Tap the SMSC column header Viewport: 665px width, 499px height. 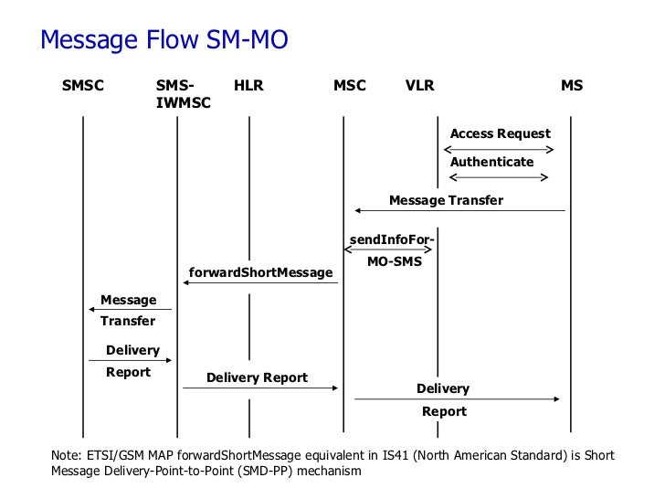click(x=83, y=87)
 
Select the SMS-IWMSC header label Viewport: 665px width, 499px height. click(x=183, y=95)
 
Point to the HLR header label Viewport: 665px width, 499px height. click(x=248, y=87)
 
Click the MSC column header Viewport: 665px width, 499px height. click(x=350, y=87)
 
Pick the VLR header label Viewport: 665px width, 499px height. click(x=420, y=87)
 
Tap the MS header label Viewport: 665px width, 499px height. click(x=572, y=87)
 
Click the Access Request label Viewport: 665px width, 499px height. click(x=500, y=134)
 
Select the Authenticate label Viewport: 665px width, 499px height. click(x=491, y=162)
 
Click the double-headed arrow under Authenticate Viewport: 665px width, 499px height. click(x=497, y=177)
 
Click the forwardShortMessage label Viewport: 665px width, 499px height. click(x=260, y=272)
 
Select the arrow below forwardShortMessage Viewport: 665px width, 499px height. click(x=260, y=283)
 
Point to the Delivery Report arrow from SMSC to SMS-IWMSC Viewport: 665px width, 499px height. click(x=130, y=361)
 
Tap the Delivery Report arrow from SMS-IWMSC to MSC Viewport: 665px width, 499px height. click(x=260, y=388)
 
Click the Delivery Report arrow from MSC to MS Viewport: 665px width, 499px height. click(x=457, y=399)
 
